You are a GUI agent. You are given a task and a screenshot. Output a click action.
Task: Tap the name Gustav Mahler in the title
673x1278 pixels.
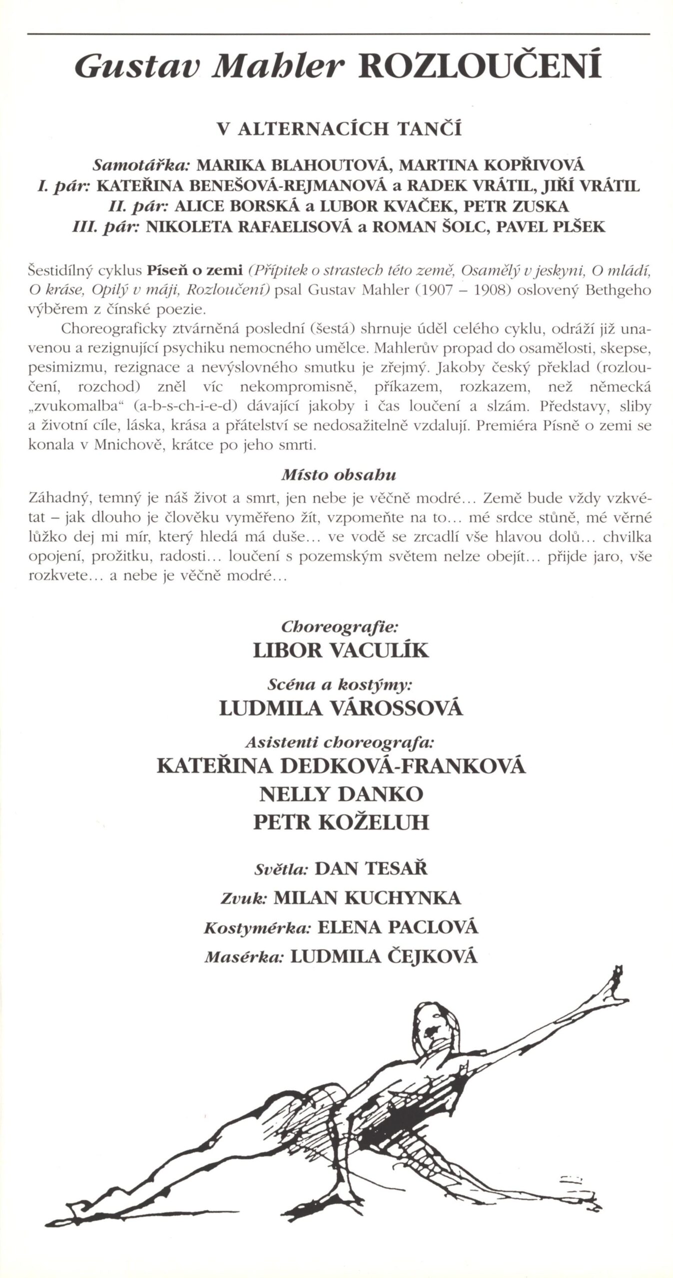[212, 68]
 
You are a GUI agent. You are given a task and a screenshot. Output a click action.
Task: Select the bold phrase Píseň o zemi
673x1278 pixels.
[195, 271]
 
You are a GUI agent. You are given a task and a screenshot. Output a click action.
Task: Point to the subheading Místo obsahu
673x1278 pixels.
[338, 475]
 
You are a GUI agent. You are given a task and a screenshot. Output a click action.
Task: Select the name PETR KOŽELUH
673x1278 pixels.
[341, 823]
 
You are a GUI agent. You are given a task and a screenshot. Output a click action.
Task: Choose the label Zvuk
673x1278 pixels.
[243, 898]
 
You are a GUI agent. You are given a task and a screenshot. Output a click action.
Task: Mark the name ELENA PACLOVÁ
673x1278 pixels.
[398, 927]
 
